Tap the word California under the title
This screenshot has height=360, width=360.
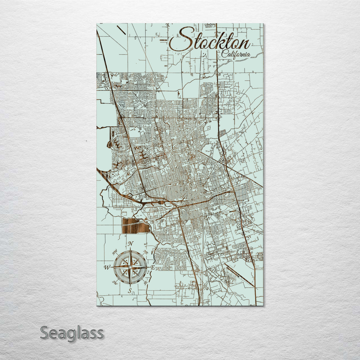tap(236, 55)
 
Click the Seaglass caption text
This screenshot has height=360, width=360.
tap(72, 333)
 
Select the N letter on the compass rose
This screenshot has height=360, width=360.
tap(131, 243)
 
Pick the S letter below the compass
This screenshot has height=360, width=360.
tap(130, 291)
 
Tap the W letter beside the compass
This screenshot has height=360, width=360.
tap(107, 267)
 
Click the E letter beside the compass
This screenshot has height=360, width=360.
tap(153, 267)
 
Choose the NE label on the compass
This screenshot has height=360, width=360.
tap(145, 252)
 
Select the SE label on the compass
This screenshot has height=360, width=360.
tap(145, 283)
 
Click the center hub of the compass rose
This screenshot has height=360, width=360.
tap(130, 267)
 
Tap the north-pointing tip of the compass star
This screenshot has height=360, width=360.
tap(130, 249)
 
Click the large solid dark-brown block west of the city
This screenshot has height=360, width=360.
tap(136, 226)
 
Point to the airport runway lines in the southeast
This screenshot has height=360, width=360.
tap(239, 275)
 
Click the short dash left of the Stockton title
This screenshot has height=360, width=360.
tap(164, 40)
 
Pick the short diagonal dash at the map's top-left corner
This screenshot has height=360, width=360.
tap(122, 30)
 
